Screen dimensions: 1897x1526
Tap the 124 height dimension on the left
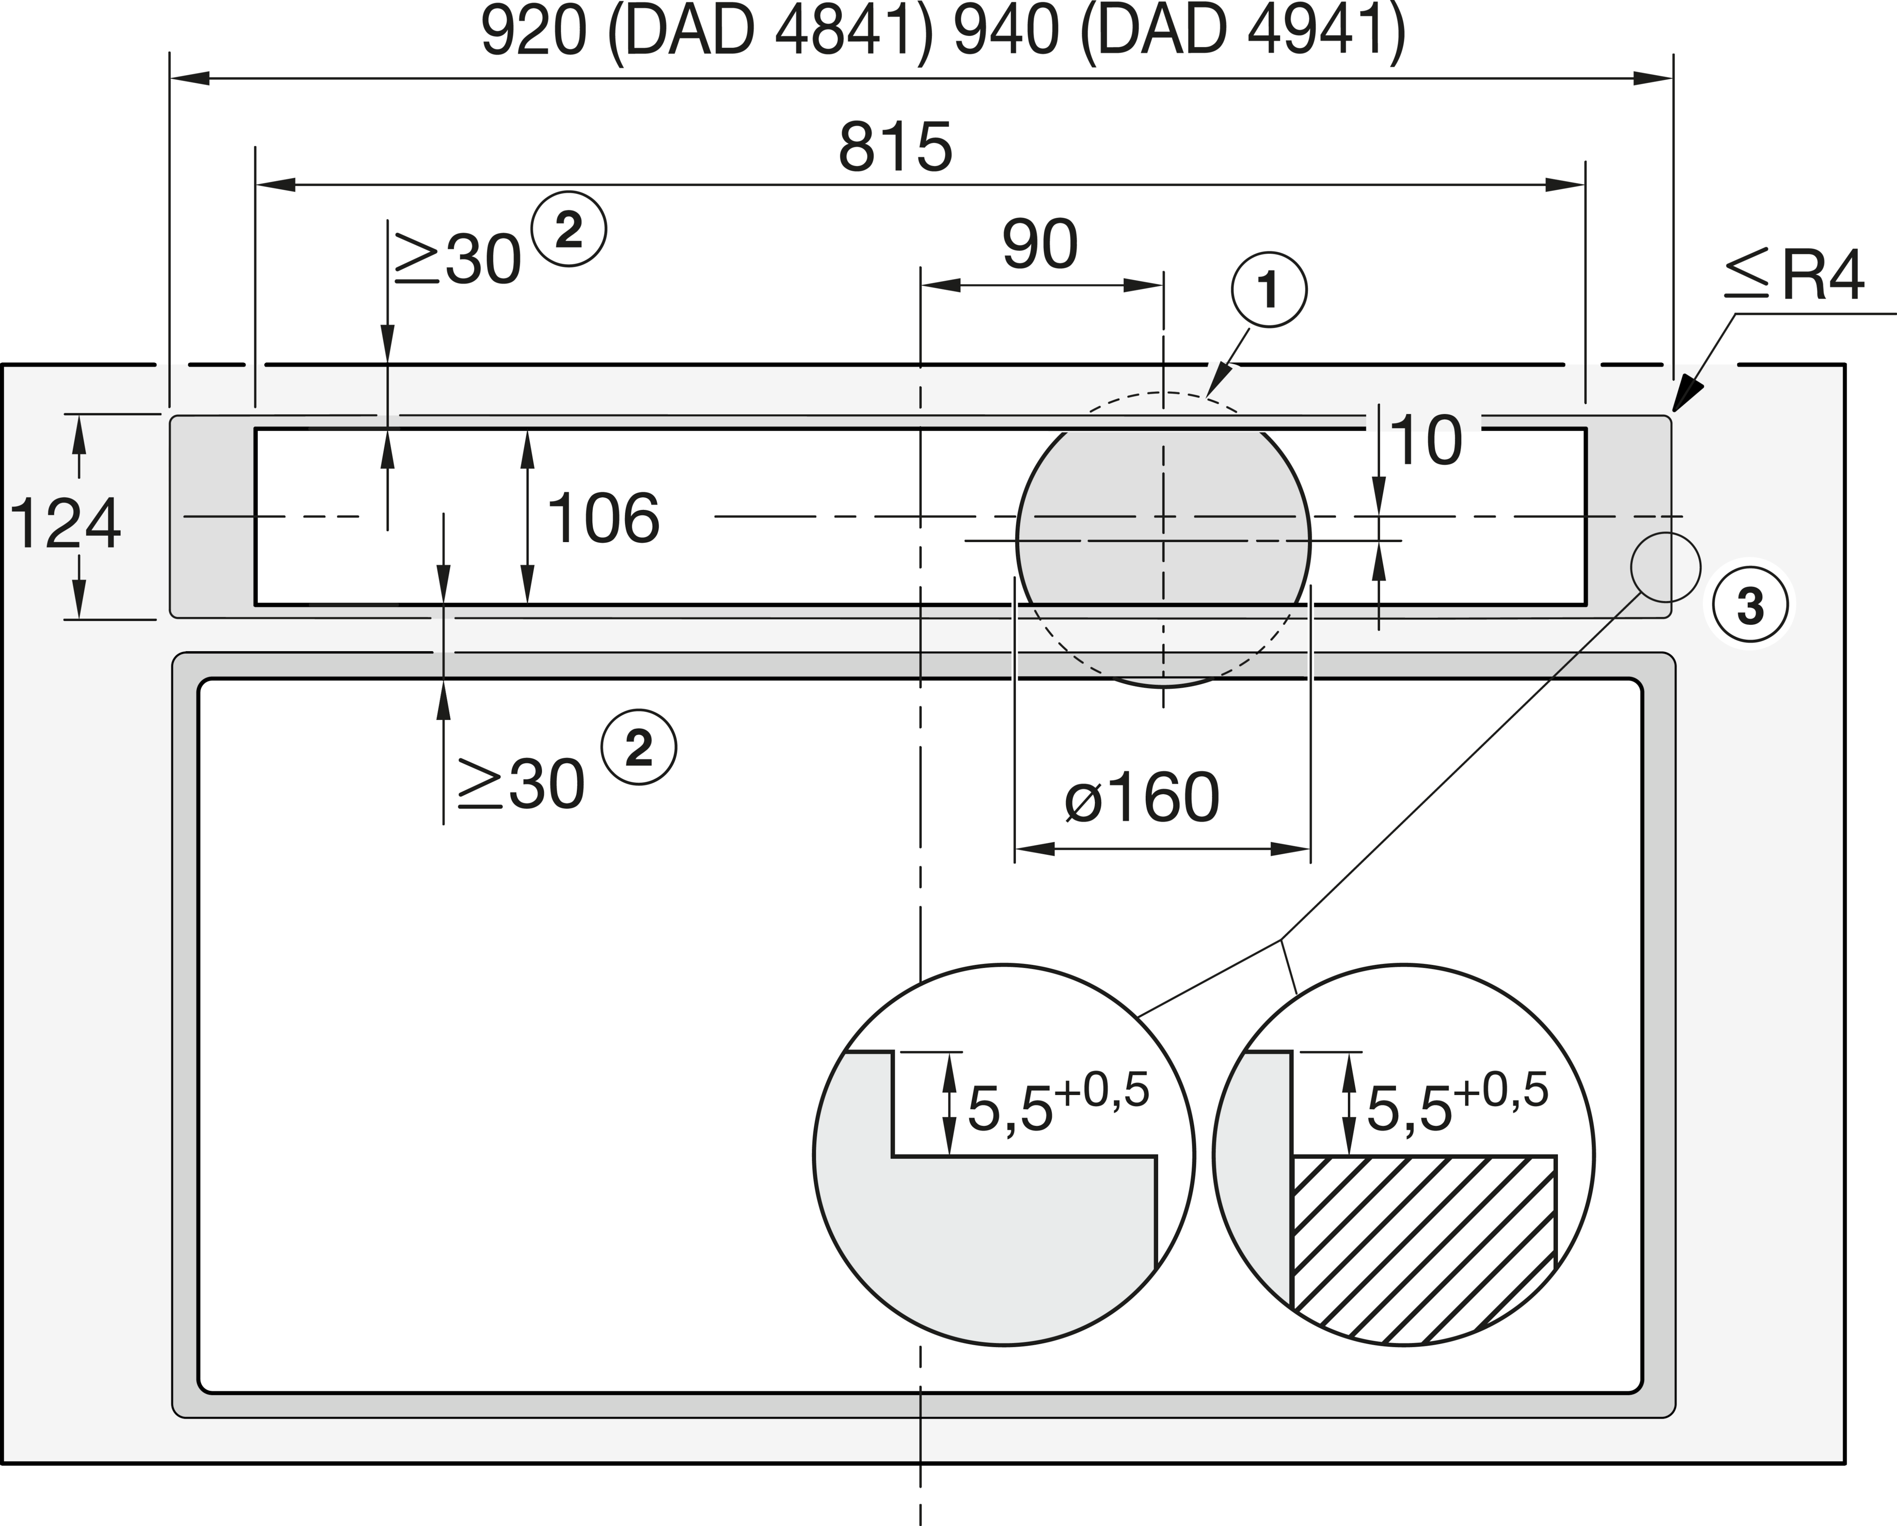65,524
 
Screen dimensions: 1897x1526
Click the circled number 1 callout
1269,290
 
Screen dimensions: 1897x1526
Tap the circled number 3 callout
1750,605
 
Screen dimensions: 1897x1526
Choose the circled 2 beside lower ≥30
639,747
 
